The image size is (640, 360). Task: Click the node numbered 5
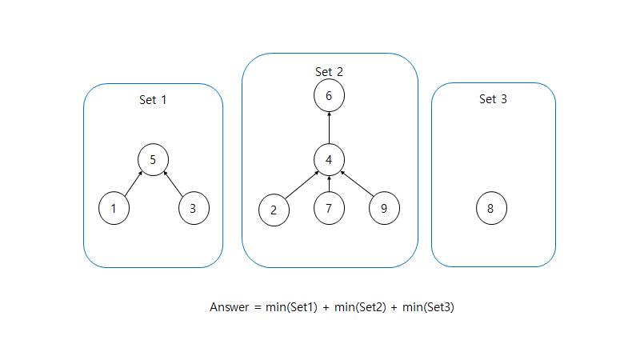tap(153, 159)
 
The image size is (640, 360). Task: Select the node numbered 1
tap(114, 208)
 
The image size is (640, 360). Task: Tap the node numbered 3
tap(194, 208)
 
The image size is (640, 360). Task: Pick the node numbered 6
tap(329, 95)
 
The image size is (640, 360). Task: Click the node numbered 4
tap(329, 159)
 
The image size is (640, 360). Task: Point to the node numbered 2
tap(274, 210)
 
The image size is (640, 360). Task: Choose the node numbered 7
tap(329, 208)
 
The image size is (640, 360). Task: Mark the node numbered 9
tap(384, 208)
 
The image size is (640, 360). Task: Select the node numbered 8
tap(491, 208)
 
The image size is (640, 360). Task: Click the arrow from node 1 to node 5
tap(134, 184)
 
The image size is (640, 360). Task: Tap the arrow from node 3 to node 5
tap(173, 184)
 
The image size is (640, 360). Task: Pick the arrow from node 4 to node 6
tap(329, 127)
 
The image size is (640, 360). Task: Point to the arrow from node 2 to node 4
tap(302, 186)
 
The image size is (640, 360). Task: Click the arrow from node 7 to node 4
tap(329, 184)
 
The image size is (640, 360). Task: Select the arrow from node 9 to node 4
tap(357, 184)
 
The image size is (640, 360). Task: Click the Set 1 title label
tap(153, 100)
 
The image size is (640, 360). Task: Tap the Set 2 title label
tap(329, 72)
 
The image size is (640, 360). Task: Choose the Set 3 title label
tap(493, 99)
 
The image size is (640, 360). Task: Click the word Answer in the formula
tap(230, 307)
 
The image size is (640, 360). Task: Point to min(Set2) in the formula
tap(360, 307)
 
